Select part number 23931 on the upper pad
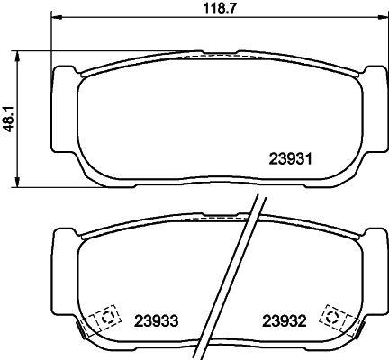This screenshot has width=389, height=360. (x=290, y=160)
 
